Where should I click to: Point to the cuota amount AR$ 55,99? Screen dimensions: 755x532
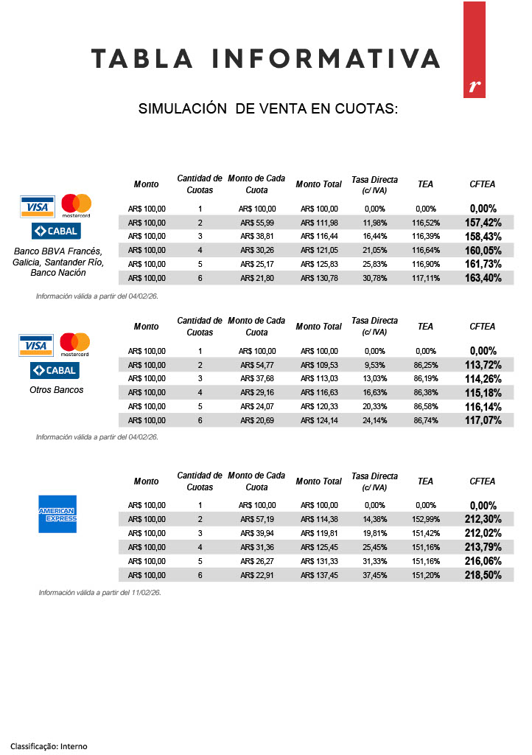[x=257, y=223]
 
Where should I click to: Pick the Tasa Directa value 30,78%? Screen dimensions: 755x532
[x=374, y=278]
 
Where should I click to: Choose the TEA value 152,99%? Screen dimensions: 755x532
[x=425, y=519]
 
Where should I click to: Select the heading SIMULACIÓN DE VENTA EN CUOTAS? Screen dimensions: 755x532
[x=268, y=109]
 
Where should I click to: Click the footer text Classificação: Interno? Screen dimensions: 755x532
[x=49, y=746]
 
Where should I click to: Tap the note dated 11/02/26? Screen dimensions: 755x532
[x=100, y=593]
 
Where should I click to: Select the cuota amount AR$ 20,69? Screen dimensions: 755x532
[x=257, y=420]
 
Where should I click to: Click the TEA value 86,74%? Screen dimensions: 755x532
[x=425, y=420]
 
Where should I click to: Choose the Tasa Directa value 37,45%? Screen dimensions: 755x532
[x=374, y=575]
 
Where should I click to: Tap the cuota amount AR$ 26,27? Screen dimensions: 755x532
[x=257, y=561]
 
